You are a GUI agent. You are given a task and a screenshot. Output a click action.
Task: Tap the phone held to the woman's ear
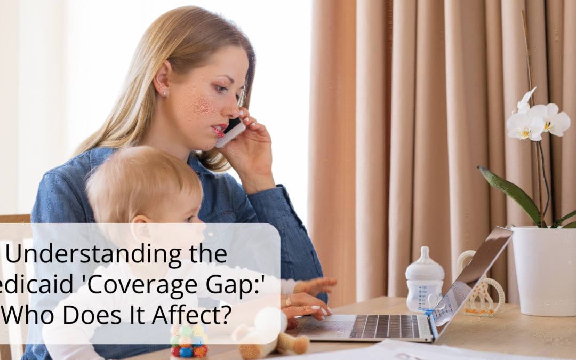point(230,133)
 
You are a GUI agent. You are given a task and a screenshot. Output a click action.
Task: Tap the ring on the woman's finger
point(288,301)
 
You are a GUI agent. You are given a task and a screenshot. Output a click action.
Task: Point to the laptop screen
point(471,277)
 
